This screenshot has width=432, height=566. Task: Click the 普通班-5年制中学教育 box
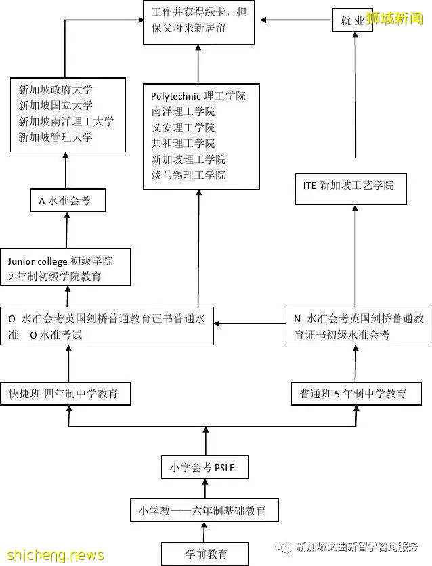click(356, 393)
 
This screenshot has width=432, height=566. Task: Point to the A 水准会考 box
click(68, 200)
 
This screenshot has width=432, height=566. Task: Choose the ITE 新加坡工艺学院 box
click(351, 188)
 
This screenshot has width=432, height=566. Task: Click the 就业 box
click(352, 21)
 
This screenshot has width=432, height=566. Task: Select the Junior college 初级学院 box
click(65, 269)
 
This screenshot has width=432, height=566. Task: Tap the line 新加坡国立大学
click(56, 106)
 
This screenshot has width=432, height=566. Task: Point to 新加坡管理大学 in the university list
click(56, 137)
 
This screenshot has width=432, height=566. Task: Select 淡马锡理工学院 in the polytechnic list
click(188, 175)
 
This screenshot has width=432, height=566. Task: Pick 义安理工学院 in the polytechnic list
click(183, 128)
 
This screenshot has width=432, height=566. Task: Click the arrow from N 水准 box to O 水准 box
click(249, 324)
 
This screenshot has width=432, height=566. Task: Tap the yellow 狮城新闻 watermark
click(395, 18)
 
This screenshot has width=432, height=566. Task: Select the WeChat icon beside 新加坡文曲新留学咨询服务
click(286, 547)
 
